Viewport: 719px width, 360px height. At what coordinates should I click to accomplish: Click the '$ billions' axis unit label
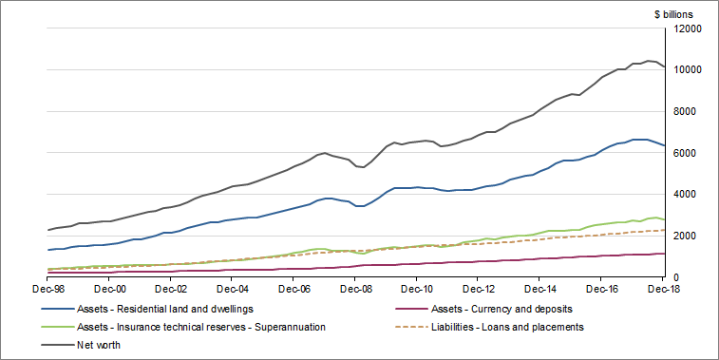[x=673, y=14]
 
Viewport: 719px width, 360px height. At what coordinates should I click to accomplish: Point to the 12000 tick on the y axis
[x=687, y=29]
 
